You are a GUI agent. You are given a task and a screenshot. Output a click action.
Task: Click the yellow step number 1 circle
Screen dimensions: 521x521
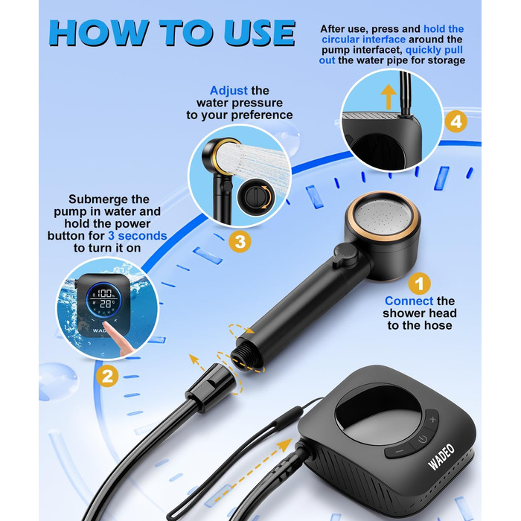(419, 284)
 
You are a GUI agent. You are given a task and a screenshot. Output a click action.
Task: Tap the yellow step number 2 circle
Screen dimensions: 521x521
(107, 376)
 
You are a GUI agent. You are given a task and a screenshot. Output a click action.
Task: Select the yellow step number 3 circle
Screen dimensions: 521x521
(240, 241)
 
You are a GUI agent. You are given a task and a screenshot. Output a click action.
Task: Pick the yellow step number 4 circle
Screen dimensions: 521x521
(456, 121)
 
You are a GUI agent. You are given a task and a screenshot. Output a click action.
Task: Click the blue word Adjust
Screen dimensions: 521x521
(228, 90)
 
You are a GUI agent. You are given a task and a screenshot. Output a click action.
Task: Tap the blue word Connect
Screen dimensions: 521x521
(409, 301)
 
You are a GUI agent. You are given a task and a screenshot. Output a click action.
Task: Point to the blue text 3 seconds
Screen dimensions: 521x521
(138, 236)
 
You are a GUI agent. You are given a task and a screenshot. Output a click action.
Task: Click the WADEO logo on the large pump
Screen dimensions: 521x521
(441, 457)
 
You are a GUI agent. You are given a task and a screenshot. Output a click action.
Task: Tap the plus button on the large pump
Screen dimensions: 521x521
(432, 419)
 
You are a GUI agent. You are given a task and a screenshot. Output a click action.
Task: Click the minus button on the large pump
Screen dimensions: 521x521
(400, 451)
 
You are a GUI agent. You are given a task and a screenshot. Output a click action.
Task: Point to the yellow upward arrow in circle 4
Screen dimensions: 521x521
(389, 97)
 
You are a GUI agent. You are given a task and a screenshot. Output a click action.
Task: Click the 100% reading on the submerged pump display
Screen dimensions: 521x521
(105, 293)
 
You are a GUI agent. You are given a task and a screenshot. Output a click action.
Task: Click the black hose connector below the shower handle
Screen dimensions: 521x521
(211, 386)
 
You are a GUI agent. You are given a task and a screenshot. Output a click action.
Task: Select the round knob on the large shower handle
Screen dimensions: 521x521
(344, 255)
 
